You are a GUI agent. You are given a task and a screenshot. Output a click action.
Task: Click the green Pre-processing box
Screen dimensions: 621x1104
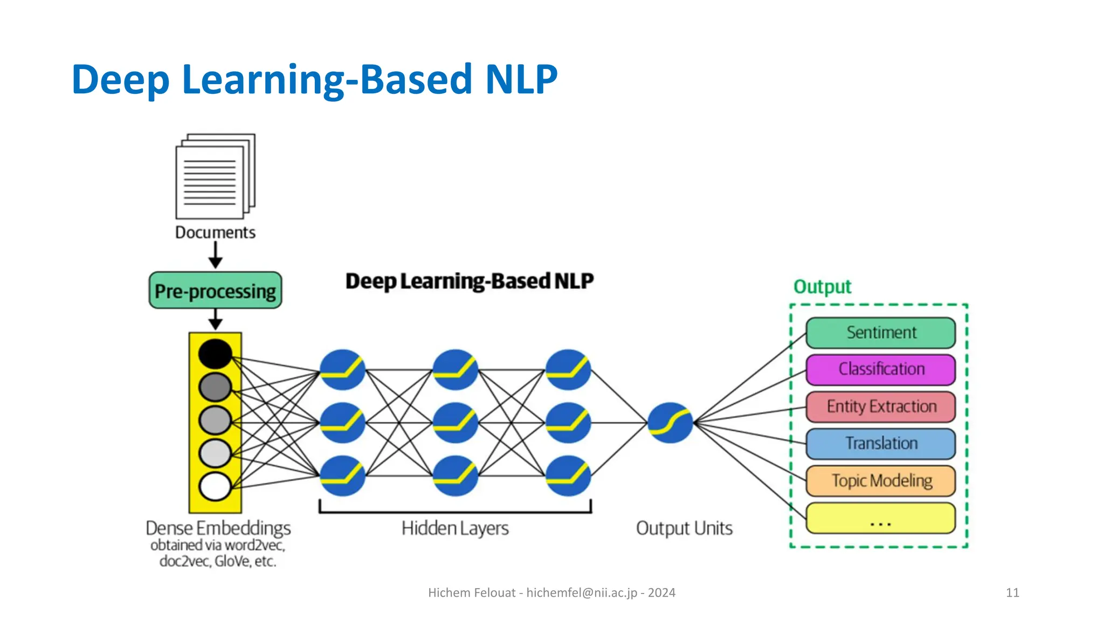point(215,291)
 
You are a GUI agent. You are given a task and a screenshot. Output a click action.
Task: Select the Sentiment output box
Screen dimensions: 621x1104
point(880,333)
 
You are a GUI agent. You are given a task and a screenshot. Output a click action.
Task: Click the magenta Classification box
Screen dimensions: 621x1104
point(880,369)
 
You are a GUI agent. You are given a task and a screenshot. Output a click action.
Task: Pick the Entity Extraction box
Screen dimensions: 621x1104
point(880,406)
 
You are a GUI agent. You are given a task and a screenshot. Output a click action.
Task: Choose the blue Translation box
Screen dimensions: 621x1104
point(880,444)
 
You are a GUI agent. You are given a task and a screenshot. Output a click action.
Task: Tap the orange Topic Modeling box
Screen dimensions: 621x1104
point(880,480)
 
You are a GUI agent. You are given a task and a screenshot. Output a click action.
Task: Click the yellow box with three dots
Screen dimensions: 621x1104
point(880,518)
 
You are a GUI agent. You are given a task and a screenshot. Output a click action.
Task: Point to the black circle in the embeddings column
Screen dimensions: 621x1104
point(215,354)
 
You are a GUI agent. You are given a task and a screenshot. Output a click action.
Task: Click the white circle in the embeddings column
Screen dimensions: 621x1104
point(215,486)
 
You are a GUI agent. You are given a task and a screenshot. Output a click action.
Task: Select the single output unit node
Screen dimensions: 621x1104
point(670,423)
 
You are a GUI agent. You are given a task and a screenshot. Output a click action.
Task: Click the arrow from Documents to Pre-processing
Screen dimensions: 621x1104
point(216,255)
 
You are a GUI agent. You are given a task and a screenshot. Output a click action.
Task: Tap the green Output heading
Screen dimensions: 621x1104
point(822,287)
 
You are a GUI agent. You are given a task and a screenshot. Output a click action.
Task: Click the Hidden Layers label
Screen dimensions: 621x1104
point(455,528)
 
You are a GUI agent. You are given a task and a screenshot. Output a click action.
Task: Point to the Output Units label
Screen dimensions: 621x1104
point(684,528)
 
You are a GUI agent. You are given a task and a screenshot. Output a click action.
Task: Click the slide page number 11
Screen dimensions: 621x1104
point(1012,593)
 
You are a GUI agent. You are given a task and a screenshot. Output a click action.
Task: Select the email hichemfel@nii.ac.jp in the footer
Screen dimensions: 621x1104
point(582,593)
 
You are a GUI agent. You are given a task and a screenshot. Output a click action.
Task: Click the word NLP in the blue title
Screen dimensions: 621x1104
point(521,80)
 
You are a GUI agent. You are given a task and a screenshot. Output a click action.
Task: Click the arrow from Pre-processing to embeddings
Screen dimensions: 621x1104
point(216,320)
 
